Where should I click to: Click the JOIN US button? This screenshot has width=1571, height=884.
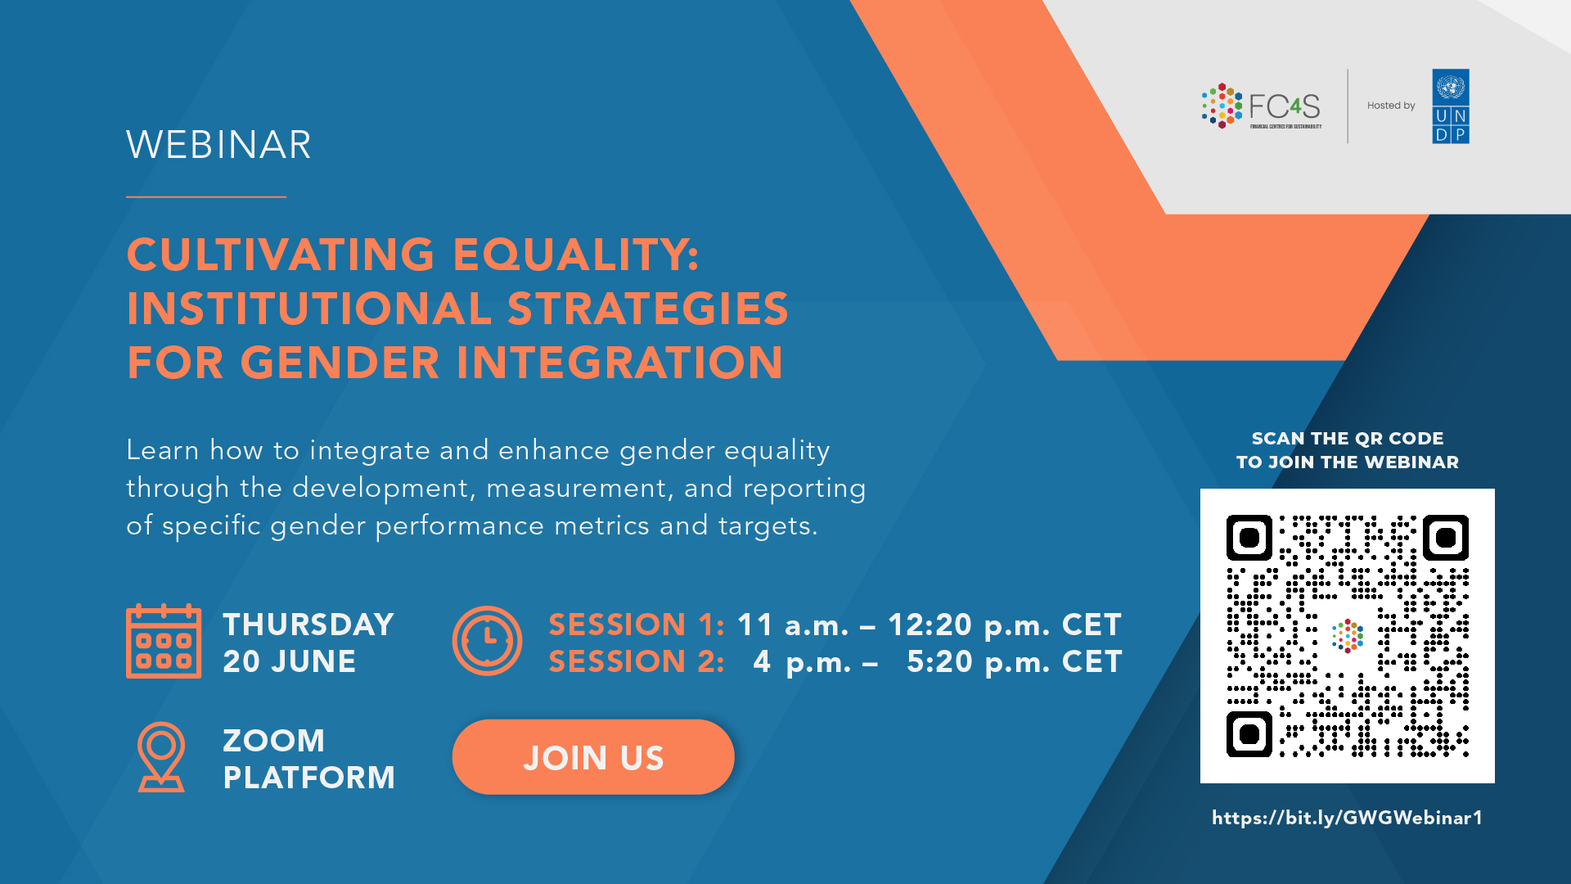click(x=593, y=757)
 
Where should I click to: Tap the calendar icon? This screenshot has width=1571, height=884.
click(x=164, y=642)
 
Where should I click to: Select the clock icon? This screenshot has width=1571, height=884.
click(x=487, y=641)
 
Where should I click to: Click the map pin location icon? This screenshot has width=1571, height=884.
click(x=161, y=757)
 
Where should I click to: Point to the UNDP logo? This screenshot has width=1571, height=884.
click(x=1451, y=106)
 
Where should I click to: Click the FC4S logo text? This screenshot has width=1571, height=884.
click(x=1285, y=106)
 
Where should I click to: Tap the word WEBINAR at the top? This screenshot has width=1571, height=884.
click(x=218, y=145)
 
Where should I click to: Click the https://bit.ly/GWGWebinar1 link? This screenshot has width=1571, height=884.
click(x=1347, y=818)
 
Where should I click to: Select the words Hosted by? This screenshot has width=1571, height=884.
click(x=1391, y=106)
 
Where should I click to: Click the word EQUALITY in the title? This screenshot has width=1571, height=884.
click(x=576, y=255)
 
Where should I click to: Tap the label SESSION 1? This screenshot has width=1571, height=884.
click(x=637, y=625)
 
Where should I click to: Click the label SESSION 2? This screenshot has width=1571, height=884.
click(x=637, y=661)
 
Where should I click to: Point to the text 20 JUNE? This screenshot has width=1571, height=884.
click(x=290, y=661)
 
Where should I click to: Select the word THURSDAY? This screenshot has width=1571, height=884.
click(x=308, y=625)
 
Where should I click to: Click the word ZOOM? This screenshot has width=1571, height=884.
click(x=274, y=741)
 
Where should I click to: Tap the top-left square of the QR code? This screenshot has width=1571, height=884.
click(x=1249, y=538)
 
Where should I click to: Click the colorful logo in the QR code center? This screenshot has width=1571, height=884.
click(x=1348, y=636)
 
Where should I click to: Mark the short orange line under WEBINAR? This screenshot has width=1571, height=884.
click(x=206, y=196)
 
